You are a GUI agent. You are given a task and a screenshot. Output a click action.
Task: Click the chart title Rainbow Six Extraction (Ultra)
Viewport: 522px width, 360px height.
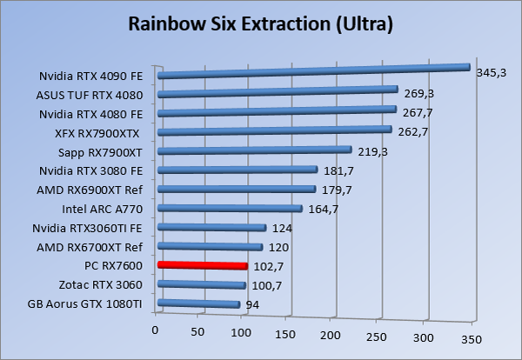click(x=260, y=23)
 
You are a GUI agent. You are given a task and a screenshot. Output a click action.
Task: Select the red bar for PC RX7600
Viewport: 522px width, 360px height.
click(x=203, y=264)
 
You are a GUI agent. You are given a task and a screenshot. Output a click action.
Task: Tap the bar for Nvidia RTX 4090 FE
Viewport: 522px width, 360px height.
click(x=313, y=71)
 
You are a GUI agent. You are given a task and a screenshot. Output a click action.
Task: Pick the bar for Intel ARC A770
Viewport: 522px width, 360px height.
click(x=231, y=209)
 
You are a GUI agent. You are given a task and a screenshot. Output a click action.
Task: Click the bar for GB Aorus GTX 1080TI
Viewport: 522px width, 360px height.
click(x=198, y=303)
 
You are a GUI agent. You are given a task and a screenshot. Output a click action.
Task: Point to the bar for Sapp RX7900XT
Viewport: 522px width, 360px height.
click(x=255, y=151)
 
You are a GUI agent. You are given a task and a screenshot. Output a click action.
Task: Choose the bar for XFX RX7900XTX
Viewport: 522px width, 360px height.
click(x=275, y=131)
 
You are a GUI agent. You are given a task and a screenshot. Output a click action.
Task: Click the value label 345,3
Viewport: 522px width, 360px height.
click(x=491, y=72)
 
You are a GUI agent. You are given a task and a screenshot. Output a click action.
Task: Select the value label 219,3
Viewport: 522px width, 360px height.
click(x=373, y=153)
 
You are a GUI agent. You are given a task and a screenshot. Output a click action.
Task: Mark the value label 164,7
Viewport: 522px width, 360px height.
click(x=324, y=210)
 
